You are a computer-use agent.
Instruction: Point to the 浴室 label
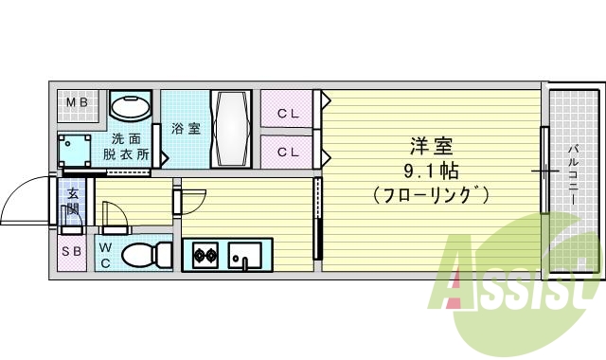click(186, 128)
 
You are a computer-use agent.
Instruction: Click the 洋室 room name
click(431, 147)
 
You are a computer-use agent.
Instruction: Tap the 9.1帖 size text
click(431, 171)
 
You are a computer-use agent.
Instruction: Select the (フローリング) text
click(431, 196)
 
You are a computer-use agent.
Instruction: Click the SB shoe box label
click(71, 251)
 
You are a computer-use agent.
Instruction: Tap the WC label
click(106, 254)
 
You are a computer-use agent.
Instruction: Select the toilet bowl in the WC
click(145, 254)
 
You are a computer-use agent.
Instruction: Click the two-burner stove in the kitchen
click(205, 254)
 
